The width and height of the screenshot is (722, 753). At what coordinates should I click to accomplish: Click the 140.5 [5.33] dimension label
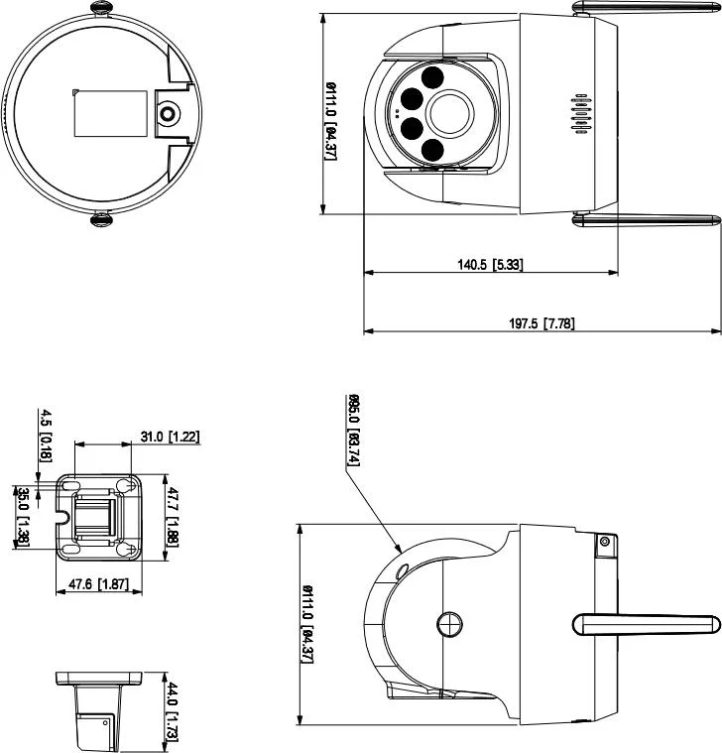[x=490, y=265]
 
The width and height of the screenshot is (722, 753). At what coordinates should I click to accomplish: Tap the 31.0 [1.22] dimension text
[x=170, y=436]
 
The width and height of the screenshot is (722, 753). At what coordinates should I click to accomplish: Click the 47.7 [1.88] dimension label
[x=171, y=516]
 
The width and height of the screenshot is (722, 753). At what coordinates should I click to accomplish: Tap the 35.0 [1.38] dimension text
[x=22, y=516]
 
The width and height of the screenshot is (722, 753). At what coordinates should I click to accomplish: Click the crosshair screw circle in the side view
[x=449, y=622]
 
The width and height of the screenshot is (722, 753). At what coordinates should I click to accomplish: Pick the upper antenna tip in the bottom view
[x=101, y=7]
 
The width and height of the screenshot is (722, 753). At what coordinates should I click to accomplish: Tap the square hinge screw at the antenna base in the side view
[x=603, y=541]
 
